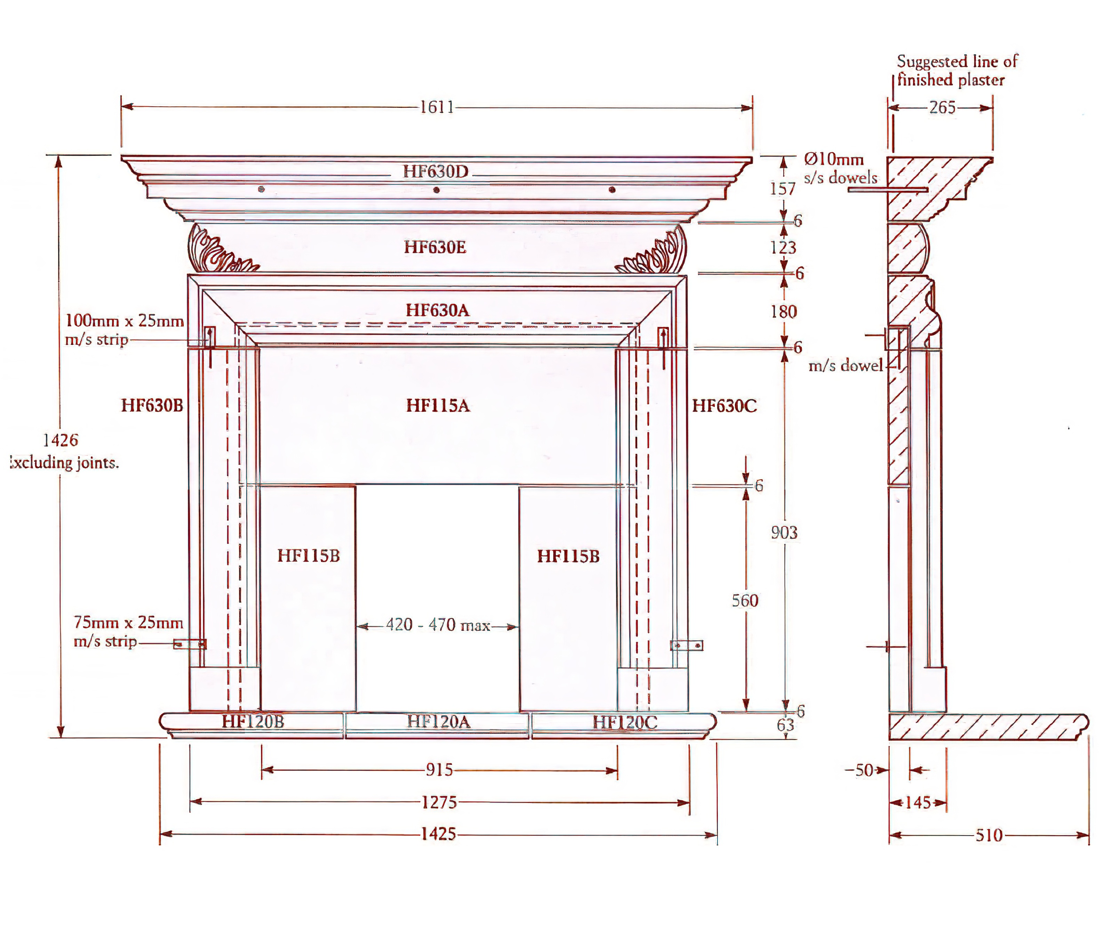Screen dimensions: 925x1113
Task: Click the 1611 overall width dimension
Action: [437, 107]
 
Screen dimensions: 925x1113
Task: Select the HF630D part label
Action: [436, 172]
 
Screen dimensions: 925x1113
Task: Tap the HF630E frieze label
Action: [435, 247]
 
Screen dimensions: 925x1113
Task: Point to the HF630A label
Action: [437, 311]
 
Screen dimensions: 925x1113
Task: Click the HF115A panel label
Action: [438, 406]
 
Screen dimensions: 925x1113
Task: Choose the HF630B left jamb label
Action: [152, 406]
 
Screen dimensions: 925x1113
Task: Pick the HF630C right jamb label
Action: [724, 407]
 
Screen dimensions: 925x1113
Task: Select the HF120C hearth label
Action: [625, 722]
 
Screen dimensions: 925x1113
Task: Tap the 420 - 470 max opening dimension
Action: [438, 625]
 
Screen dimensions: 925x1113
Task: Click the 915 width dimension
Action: [439, 770]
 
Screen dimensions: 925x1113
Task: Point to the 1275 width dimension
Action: [439, 802]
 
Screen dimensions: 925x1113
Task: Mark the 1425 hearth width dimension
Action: [439, 834]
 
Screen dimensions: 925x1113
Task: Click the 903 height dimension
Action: [784, 532]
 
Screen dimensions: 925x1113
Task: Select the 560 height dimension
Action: [745, 601]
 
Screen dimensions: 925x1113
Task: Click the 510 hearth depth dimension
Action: [989, 836]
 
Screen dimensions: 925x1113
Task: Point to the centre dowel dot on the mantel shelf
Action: [436, 190]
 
